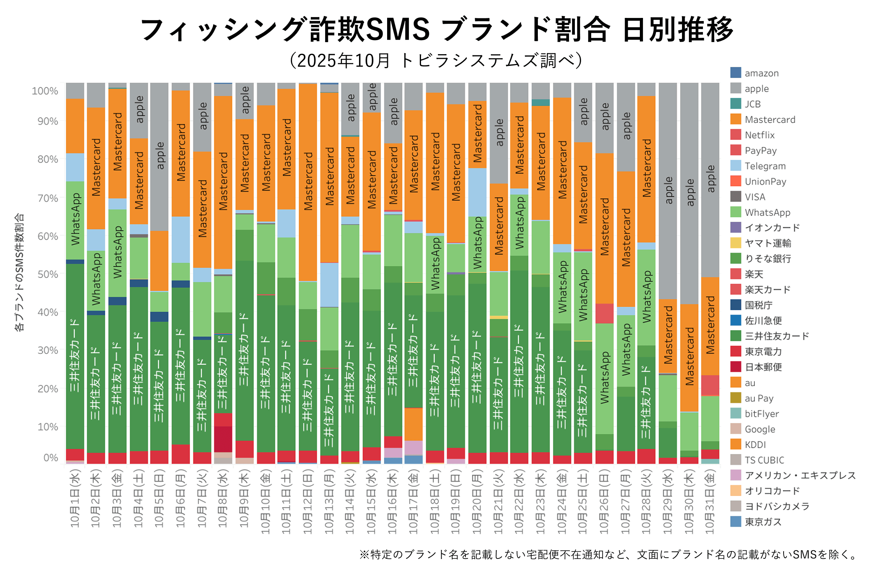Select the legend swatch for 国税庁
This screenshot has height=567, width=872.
[736, 305]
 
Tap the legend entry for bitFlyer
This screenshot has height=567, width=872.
[761, 413]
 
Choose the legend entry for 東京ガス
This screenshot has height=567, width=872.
[763, 522]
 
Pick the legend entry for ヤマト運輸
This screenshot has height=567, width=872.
[767, 243]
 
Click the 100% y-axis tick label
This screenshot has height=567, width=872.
[45, 91]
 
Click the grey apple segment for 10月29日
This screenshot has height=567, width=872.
[668, 191]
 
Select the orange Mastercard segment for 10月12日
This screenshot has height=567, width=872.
[308, 181]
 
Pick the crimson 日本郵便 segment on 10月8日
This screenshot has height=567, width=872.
[223, 439]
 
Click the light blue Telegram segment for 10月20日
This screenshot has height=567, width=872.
[477, 192]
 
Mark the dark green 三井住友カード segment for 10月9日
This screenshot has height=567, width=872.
[245, 351]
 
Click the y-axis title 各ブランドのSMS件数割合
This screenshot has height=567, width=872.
[19, 272]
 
